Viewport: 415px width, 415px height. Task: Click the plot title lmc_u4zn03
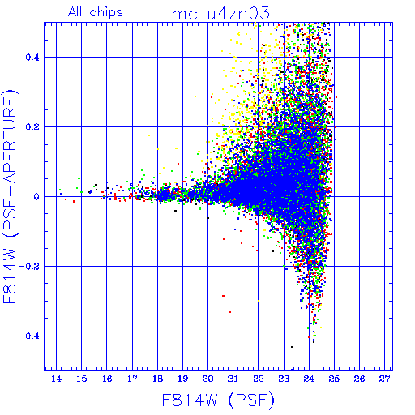(218, 14)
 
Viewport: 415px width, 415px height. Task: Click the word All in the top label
(75, 12)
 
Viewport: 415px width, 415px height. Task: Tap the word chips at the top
(106, 13)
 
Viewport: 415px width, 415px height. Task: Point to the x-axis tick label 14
(56, 379)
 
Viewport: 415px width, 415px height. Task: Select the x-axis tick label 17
(132, 379)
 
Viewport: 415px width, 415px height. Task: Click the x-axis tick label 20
(207, 379)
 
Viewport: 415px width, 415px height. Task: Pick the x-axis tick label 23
(284, 379)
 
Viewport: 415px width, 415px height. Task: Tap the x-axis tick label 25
(334, 379)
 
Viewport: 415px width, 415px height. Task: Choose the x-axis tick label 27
(385, 379)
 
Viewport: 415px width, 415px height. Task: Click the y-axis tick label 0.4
(32, 58)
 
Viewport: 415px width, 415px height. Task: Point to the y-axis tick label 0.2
(32, 127)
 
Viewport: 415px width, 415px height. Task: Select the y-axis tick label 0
(36, 197)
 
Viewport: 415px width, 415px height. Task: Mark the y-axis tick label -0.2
(29, 267)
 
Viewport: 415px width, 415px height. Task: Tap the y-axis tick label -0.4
(29, 336)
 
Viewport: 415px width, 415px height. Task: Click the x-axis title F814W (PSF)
(218, 400)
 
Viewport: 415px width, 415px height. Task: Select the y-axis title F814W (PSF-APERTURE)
(11, 197)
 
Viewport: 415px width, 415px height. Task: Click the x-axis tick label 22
(259, 379)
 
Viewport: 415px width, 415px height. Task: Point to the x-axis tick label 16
(107, 379)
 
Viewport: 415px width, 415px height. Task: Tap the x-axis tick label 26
(359, 379)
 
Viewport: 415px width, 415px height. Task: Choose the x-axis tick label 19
(182, 379)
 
